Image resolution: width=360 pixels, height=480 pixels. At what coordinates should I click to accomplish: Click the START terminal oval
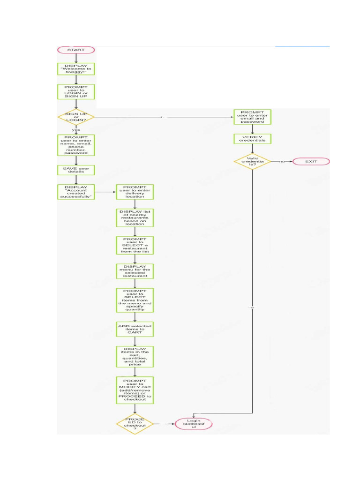[x=76, y=50]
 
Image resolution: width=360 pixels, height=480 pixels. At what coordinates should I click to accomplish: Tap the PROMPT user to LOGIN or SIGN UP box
[x=76, y=91]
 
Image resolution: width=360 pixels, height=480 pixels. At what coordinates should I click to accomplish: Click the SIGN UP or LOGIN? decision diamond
[x=76, y=117]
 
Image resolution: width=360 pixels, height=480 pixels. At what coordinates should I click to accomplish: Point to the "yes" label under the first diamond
[x=75, y=130]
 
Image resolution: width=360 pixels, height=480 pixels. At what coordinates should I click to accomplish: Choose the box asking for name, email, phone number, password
[x=76, y=145]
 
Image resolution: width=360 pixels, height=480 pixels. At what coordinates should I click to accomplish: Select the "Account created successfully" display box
[x=76, y=192]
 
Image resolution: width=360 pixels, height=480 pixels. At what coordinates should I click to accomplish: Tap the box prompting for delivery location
[x=135, y=192]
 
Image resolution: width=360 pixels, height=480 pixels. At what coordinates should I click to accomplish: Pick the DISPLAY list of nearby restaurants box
[x=135, y=217]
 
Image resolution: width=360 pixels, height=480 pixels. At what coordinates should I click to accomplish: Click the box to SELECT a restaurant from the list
[x=135, y=245]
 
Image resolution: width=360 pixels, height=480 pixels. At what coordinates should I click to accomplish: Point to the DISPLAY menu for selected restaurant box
[x=135, y=270]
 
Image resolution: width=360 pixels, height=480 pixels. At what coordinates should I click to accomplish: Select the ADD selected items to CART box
[x=135, y=330]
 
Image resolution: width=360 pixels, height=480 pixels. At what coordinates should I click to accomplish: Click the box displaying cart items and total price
[x=135, y=357]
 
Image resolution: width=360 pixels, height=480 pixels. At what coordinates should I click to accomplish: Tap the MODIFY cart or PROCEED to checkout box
[x=135, y=390]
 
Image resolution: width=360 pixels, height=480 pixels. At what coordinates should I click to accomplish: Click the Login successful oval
[x=194, y=424]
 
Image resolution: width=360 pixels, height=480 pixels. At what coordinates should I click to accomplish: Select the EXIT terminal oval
[x=311, y=162]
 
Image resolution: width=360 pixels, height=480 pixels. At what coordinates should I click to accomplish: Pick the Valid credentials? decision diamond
[x=253, y=162]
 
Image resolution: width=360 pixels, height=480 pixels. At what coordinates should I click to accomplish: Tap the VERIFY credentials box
[x=253, y=139]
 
